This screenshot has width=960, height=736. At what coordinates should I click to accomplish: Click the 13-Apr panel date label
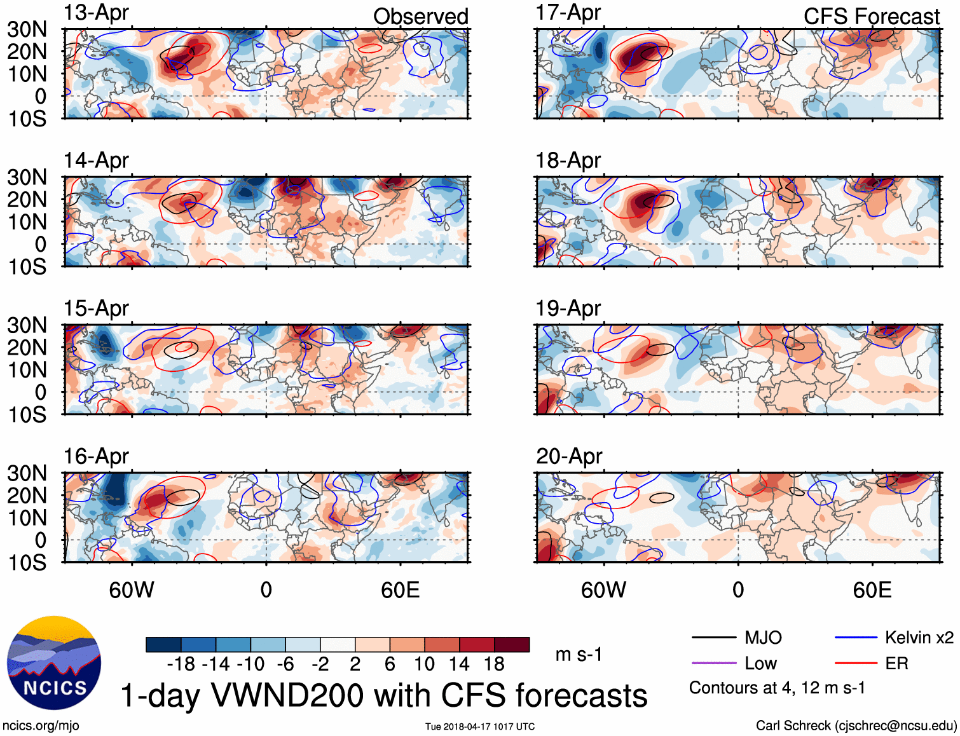(96, 13)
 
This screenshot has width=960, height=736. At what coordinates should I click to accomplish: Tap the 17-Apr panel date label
(568, 13)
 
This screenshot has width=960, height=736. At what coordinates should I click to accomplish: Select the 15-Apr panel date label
(96, 308)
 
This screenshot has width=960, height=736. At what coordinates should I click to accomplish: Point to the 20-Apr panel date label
(569, 456)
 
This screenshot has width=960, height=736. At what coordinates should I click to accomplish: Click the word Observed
(420, 17)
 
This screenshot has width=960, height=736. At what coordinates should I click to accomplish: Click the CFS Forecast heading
(871, 17)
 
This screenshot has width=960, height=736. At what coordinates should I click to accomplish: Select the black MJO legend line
(713, 637)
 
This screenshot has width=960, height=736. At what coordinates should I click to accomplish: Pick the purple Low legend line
(713, 664)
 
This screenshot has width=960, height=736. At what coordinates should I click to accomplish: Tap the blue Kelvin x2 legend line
(856, 637)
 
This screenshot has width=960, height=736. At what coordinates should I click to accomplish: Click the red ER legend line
(856, 664)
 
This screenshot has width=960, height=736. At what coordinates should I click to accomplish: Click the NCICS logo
(54, 663)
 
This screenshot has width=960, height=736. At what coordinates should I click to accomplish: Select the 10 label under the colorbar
(424, 664)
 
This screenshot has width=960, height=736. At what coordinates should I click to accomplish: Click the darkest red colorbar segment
(512, 644)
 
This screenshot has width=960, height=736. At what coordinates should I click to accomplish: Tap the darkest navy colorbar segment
(163, 644)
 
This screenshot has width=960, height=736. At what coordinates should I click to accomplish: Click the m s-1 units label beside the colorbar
(579, 655)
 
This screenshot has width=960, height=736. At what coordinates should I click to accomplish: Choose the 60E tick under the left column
(400, 590)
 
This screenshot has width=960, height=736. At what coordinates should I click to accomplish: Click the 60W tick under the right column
(603, 590)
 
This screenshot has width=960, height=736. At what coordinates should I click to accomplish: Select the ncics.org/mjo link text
(41, 726)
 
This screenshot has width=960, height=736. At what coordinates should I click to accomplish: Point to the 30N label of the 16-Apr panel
(27, 474)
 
